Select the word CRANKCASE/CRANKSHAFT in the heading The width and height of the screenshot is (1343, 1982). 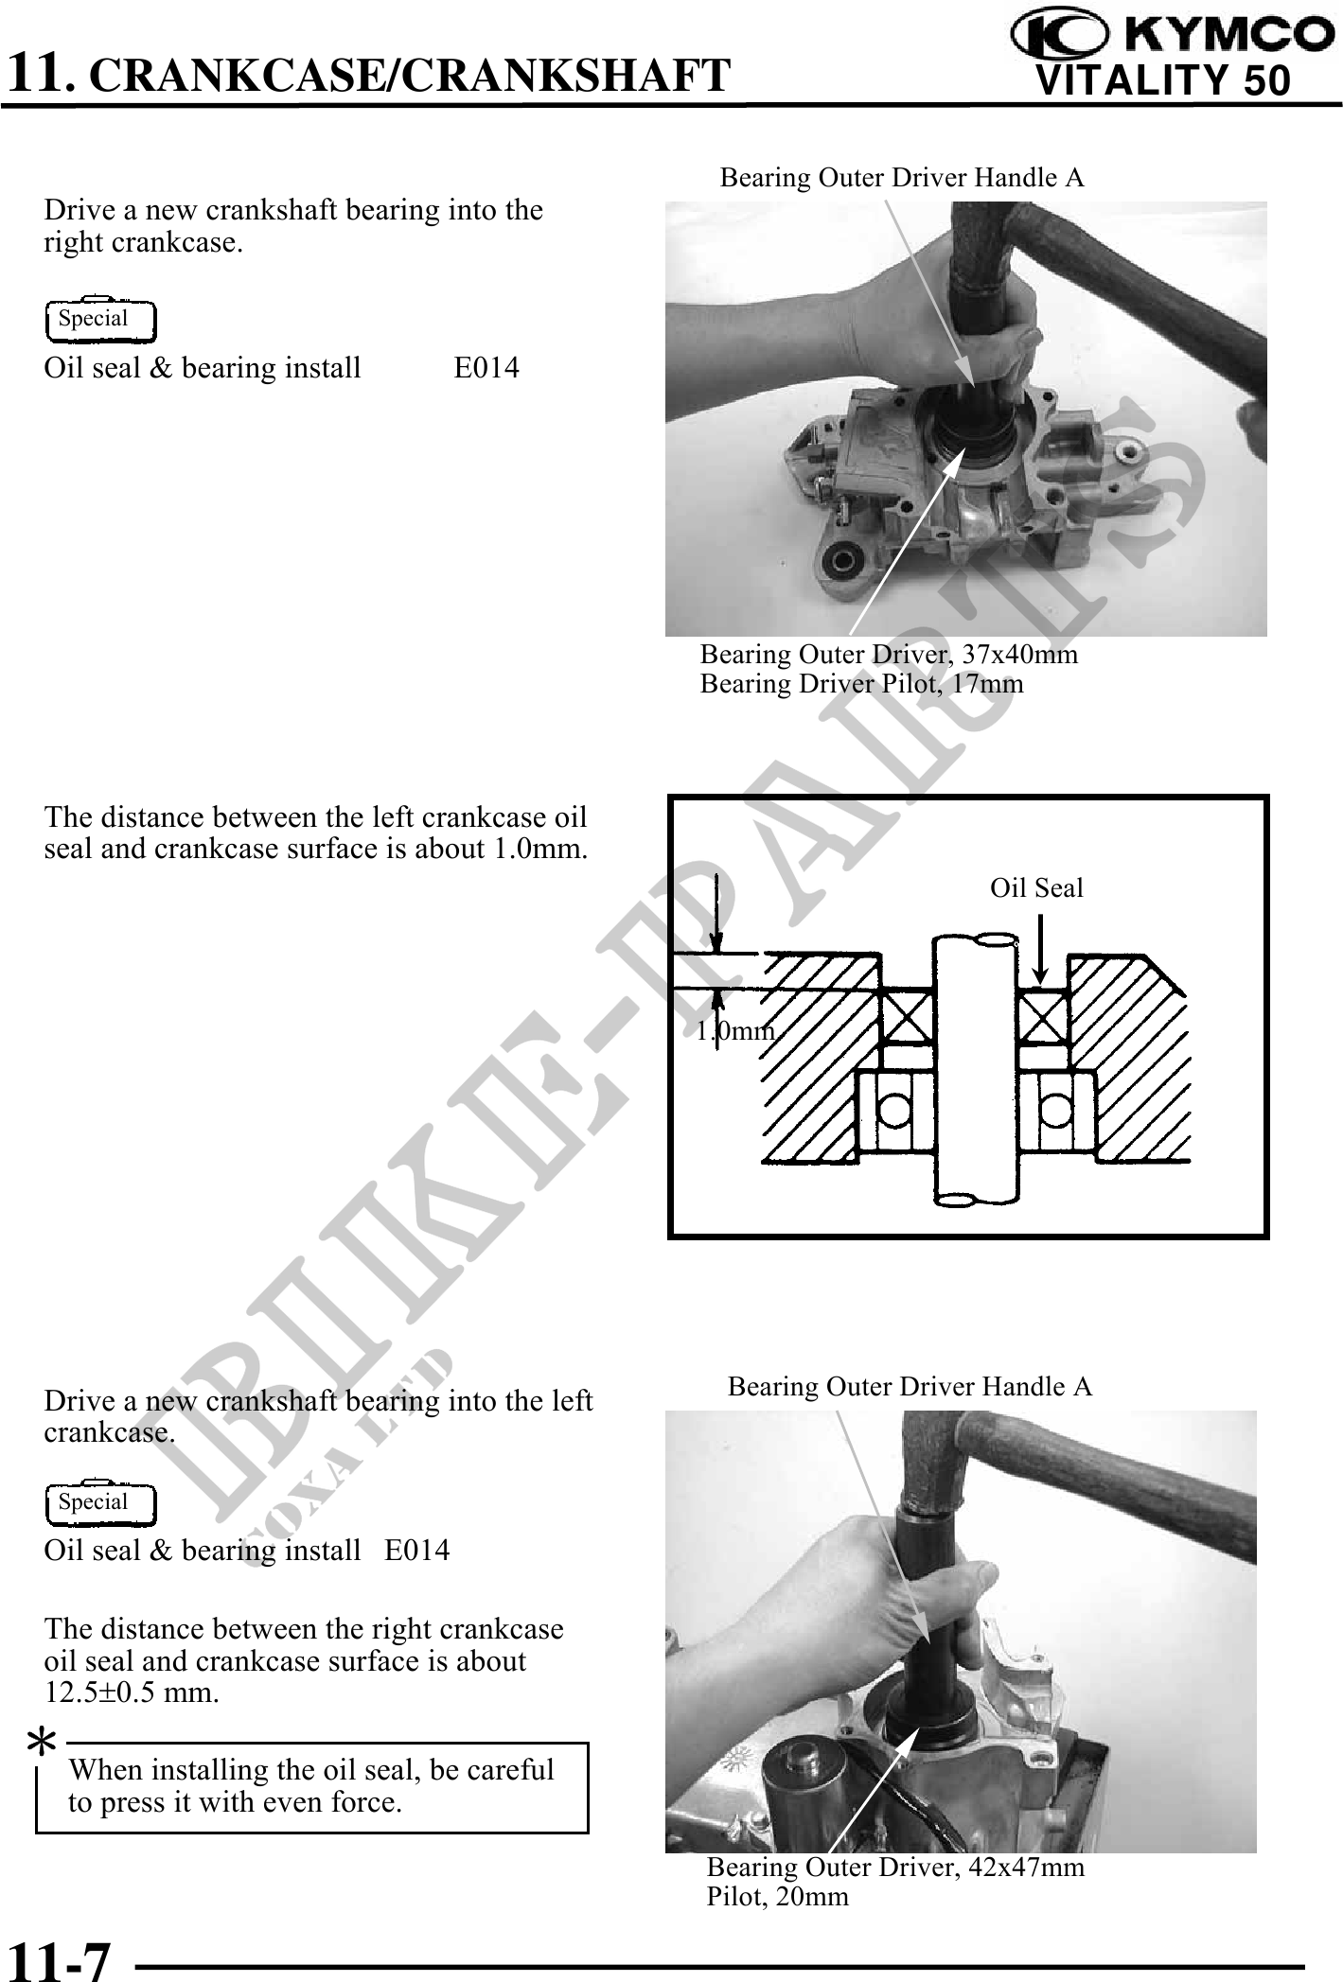click(x=415, y=75)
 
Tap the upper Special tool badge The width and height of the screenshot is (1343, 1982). click(x=100, y=320)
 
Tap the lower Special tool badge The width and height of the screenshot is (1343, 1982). click(x=100, y=1503)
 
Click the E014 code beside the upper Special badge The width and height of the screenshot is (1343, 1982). click(x=486, y=368)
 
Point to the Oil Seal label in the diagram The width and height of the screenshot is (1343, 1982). click(x=1036, y=888)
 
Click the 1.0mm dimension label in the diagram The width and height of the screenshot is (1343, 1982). click(x=735, y=1031)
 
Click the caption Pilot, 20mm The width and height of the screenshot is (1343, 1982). click(x=778, y=1897)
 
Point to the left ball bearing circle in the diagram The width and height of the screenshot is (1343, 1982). click(x=893, y=1111)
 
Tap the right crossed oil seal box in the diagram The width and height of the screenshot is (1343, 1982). click(x=1044, y=1018)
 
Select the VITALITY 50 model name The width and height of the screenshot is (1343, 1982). click(x=1164, y=79)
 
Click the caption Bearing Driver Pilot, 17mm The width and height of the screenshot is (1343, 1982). click(x=862, y=684)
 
